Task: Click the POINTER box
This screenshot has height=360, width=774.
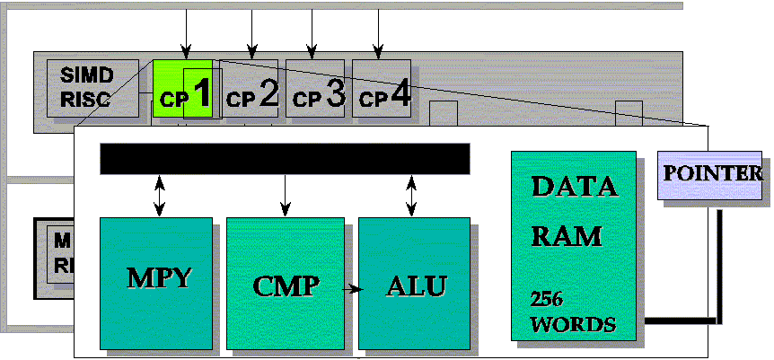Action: click(711, 172)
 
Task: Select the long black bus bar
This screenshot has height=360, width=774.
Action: click(285, 158)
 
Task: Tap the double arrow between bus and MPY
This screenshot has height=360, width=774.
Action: click(160, 196)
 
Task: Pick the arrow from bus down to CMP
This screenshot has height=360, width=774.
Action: click(285, 196)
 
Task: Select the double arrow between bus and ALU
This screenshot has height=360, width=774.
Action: click(411, 196)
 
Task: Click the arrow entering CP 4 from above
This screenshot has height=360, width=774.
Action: click(379, 32)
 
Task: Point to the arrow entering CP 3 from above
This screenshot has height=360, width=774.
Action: click(312, 32)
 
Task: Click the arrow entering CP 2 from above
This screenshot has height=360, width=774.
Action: click(251, 32)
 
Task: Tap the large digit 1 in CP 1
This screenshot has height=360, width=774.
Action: click(202, 93)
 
